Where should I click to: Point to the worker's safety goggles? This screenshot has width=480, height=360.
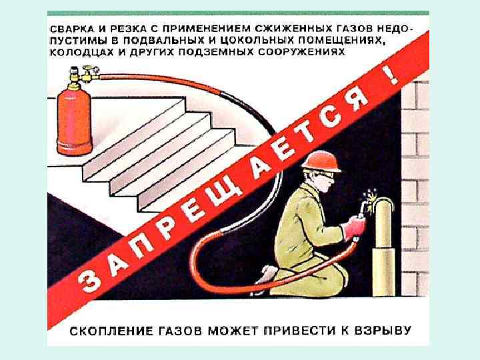(325, 175)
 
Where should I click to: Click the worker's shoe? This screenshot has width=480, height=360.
(266, 273)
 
